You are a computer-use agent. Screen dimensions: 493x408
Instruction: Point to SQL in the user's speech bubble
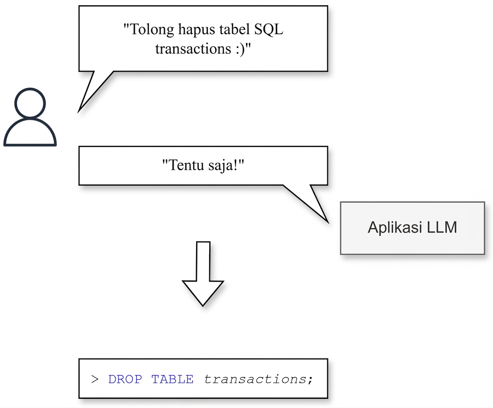point(269,29)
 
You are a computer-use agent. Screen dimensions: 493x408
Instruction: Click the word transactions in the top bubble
point(194,49)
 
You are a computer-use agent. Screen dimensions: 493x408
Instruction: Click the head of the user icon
point(30,103)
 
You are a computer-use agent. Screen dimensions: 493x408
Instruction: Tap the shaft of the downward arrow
point(203,261)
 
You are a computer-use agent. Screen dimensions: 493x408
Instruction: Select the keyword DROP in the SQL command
point(125,379)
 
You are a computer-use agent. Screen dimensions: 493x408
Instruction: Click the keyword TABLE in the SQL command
point(172,379)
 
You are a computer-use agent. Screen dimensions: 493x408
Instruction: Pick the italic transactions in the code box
point(255,379)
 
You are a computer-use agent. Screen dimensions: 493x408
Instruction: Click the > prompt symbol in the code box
point(95,379)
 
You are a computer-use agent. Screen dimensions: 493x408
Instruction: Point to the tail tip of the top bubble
point(78,112)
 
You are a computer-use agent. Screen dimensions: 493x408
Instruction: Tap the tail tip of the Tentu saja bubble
point(329,223)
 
